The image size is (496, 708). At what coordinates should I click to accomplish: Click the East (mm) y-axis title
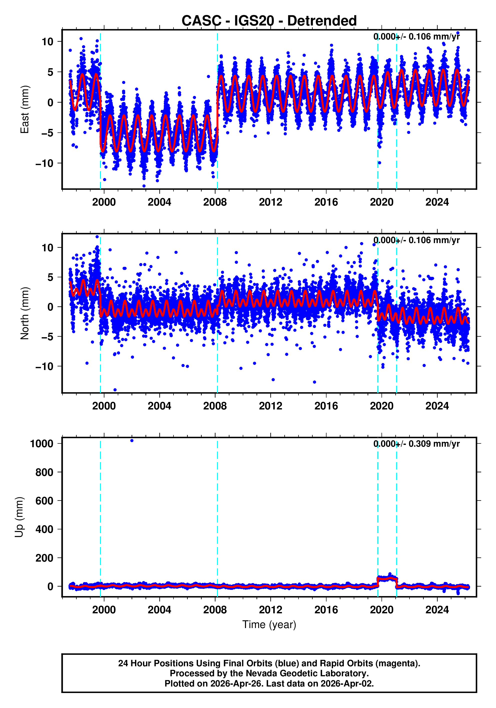pos(25,109)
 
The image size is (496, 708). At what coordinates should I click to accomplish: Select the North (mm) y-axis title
pos(25,313)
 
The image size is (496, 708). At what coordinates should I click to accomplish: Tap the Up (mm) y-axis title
pos(19,517)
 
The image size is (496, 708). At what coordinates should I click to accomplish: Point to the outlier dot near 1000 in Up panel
pos(132,441)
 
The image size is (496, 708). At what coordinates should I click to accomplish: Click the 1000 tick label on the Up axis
pos(42,444)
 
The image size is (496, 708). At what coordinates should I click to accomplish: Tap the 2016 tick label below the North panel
pos(326,406)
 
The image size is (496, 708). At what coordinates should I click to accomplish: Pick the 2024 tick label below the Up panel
pos(437,610)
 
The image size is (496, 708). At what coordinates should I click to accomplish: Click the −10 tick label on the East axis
pos(44,163)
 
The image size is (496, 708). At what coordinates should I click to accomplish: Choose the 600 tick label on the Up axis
pos(44,501)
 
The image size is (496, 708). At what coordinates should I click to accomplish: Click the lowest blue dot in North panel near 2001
pos(115,390)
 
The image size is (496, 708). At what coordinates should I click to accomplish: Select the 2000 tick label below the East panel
pos(104,202)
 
